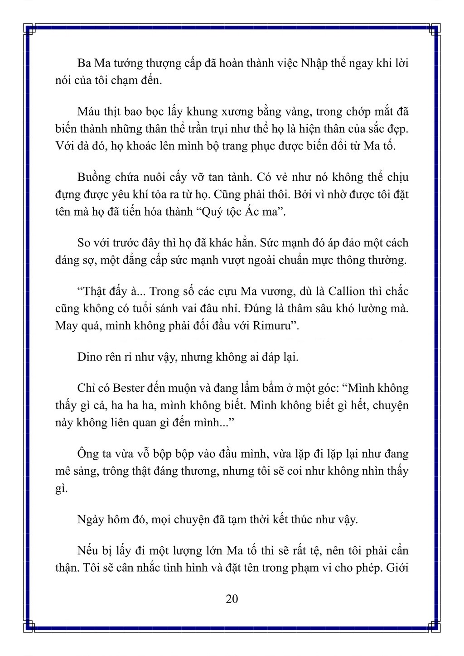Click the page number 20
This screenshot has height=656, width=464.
tap(232, 599)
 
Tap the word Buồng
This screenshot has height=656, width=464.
tap(94, 177)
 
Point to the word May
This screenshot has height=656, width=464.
tap(66, 326)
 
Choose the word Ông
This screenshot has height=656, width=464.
tap(88, 454)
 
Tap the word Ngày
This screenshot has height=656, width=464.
tap(92, 519)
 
